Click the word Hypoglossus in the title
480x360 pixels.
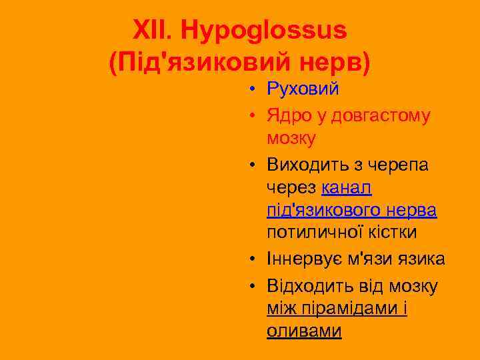265,31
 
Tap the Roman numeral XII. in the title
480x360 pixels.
155,31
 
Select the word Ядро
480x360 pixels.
288,116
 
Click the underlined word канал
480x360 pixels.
346,188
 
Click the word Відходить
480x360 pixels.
307,287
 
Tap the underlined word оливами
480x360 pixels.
303,331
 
